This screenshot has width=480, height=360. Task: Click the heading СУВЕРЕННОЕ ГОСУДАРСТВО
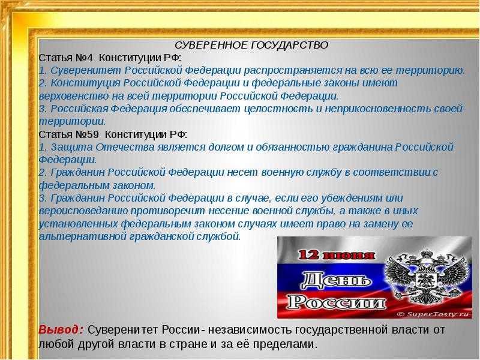click(251, 46)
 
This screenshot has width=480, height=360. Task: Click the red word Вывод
click(61, 331)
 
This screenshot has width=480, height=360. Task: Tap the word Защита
click(68, 147)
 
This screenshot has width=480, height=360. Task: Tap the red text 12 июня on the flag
click(334, 255)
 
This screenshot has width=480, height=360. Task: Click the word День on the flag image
click(332, 279)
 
